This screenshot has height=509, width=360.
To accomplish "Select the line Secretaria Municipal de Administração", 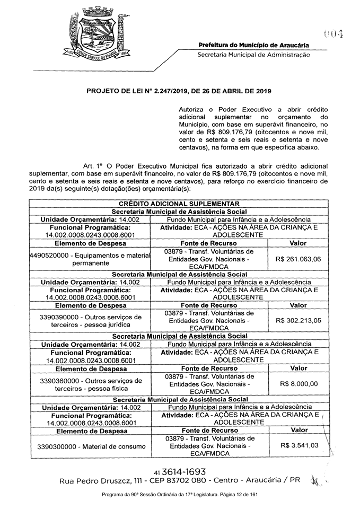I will click(253, 55).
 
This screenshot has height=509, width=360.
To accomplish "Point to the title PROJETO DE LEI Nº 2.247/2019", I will click(179, 91).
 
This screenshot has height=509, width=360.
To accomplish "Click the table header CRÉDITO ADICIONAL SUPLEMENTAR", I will click(179, 204).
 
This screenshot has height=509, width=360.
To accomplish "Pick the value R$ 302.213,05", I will click(298, 321).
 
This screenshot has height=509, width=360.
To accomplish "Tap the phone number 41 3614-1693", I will click(180, 471).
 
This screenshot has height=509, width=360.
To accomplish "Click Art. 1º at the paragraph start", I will click(93, 166).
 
